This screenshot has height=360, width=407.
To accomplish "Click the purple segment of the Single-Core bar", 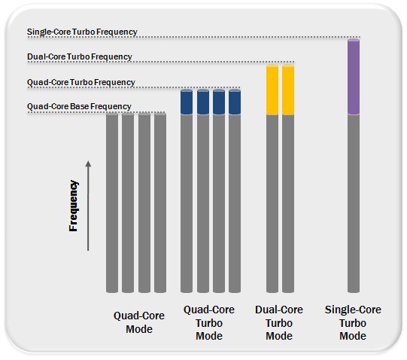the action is click(x=354, y=76).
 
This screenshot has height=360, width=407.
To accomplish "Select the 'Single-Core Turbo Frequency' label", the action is click(x=82, y=32).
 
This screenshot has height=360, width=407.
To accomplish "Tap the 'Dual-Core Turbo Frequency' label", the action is click(x=80, y=56).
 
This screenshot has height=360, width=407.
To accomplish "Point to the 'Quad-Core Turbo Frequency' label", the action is click(x=81, y=82).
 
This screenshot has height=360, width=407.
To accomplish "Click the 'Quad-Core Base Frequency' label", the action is click(x=79, y=106).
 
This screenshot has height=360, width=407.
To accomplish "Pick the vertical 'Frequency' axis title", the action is click(x=74, y=206).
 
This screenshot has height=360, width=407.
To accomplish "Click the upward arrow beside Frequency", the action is click(x=88, y=206).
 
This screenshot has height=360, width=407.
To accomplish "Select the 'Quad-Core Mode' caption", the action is click(x=139, y=322).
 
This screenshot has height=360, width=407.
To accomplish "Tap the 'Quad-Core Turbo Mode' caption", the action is click(x=209, y=322).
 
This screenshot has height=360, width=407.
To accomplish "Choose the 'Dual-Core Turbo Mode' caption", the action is click(x=279, y=322).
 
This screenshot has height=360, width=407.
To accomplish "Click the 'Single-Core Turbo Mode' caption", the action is click(x=353, y=322).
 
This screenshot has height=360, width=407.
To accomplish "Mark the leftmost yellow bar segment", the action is click(x=272, y=90).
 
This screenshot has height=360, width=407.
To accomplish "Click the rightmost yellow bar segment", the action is click(x=288, y=90).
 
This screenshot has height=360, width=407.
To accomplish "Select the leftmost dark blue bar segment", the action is click(x=187, y=102).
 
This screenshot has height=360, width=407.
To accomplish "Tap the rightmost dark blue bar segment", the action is click(x=235, y=102).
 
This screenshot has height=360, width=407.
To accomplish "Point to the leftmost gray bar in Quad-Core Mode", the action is click(x=112, y=203).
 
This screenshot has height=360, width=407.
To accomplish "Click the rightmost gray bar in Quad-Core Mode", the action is click(x=160, y=203).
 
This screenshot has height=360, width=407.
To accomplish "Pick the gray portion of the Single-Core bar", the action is click(x=354, y=203).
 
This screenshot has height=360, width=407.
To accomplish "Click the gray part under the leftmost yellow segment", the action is click(x=272, y=203).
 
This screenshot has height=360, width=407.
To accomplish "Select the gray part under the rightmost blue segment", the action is click(x=235, y=203).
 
